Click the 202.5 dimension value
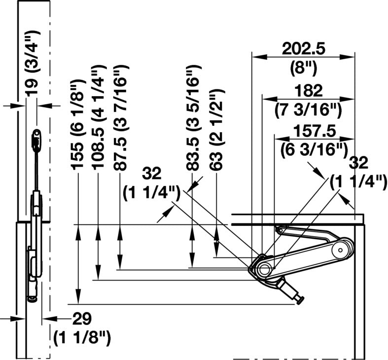click(303, 49)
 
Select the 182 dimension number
click(309, 91)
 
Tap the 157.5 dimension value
click(315, 131)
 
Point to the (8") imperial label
click(303, 69)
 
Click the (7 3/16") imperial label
click(309, 109)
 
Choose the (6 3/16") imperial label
click(314, 150)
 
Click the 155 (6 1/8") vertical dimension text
click(77, 125)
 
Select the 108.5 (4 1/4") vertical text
click(99, 117)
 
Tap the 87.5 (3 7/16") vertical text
click(121, 118)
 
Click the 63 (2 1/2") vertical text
click(217, 130)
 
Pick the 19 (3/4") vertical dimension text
click(33, 63)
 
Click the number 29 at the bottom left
click(82, 319)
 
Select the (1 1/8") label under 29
click(82, 338)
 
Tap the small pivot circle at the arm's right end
click(341, 250)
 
